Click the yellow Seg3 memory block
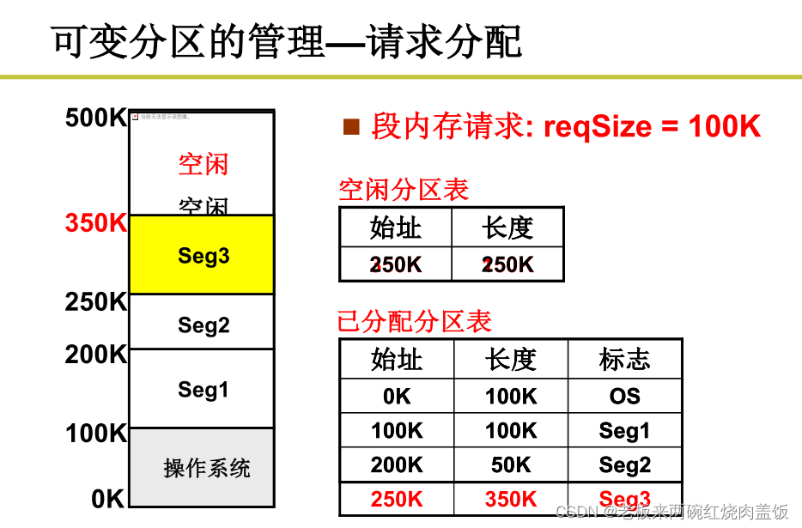[203, 255]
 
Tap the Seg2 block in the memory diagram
[204, 325]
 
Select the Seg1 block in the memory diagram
[204, 389]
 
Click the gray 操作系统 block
[206, 468]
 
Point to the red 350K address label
[95, 223]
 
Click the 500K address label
[95, 118]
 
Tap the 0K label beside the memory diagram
[108, 498]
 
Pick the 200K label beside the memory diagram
[95, 354]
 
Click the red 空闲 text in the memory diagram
[204, 163]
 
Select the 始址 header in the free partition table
[395, 228]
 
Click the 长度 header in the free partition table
[507, 228]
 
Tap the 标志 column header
[624, 359]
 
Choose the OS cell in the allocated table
[624, 396]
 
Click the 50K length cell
[511, 464]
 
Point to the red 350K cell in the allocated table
[511, 499]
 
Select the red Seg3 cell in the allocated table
[624, 499]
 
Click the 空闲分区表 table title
[404, 190]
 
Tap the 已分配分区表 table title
[414, 321]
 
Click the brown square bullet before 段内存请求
[350, 127]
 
